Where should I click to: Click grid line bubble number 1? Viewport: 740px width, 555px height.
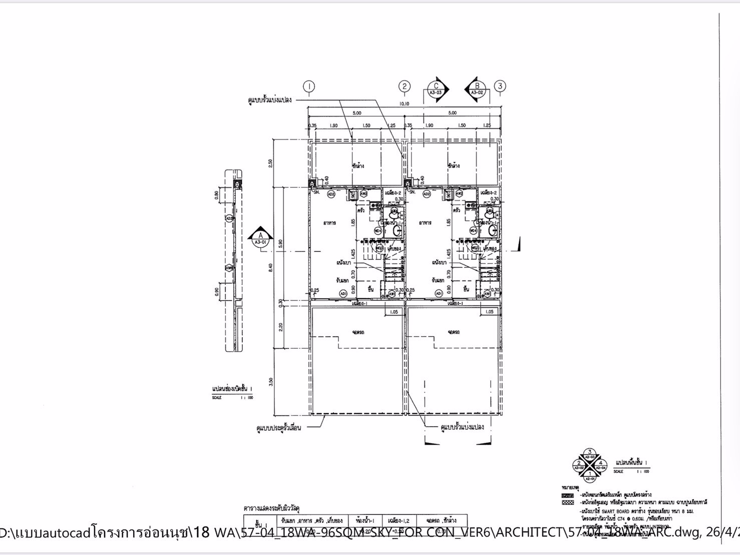310,86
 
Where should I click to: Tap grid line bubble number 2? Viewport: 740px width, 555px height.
405,86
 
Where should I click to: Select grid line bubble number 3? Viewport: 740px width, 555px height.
500,86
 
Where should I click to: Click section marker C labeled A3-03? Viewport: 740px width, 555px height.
436,89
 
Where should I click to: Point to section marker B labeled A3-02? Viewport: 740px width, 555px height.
477,89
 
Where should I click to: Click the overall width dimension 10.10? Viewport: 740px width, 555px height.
405,104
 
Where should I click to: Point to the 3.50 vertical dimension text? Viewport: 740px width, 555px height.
271,382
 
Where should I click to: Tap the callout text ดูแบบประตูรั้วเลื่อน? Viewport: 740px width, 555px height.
278,428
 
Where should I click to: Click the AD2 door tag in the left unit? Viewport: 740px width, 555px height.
330,194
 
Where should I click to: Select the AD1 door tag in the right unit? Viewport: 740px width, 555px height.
438,294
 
